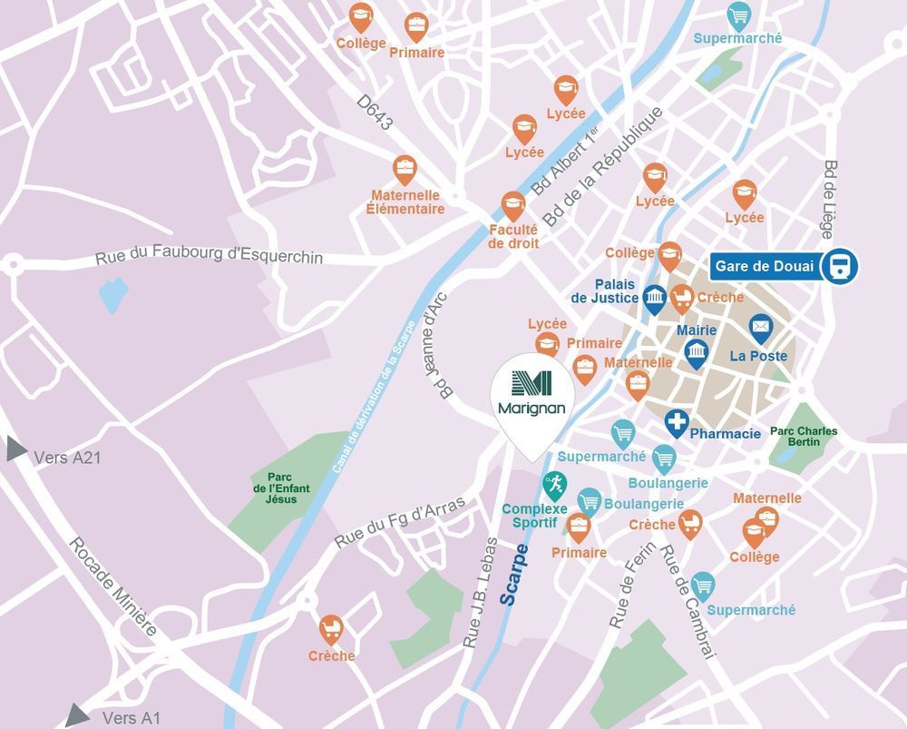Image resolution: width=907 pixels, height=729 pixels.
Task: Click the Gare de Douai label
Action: coord(764,267)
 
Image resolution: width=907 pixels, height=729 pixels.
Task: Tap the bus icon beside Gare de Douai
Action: coord(839,267)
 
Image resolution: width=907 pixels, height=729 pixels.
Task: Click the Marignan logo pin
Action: coord(532,394)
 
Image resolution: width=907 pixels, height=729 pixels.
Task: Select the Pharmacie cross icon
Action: coord(676,421)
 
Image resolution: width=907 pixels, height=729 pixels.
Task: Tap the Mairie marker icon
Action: coord(696,352)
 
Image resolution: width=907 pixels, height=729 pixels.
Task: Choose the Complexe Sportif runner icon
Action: coord(554,483)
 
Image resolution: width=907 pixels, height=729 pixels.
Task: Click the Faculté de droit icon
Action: coord(513,204)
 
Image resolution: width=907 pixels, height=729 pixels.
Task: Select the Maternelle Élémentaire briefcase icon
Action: coord(405,169)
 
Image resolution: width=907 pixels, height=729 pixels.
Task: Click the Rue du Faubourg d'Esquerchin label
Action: coord(209,258)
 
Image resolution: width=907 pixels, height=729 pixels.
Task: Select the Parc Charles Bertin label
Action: coord(804,437)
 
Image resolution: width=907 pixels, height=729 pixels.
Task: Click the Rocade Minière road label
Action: coord(112,586)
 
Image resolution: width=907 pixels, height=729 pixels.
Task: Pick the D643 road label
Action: coord(374,113)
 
